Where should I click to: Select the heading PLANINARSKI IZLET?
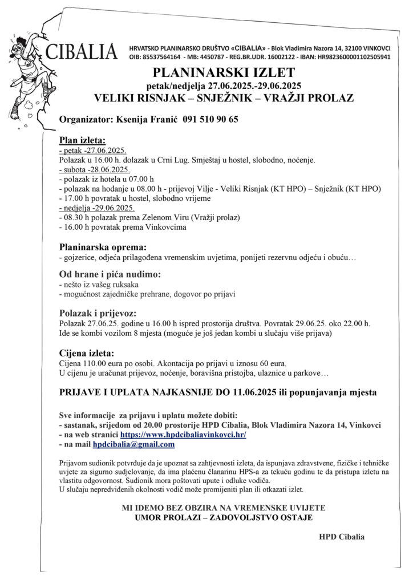pyautogui.click(x=224, y=72)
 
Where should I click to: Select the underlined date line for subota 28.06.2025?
pyautogui.click(x=95, y=169)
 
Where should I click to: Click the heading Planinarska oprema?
pyautogui.click(x=103, y=247)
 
